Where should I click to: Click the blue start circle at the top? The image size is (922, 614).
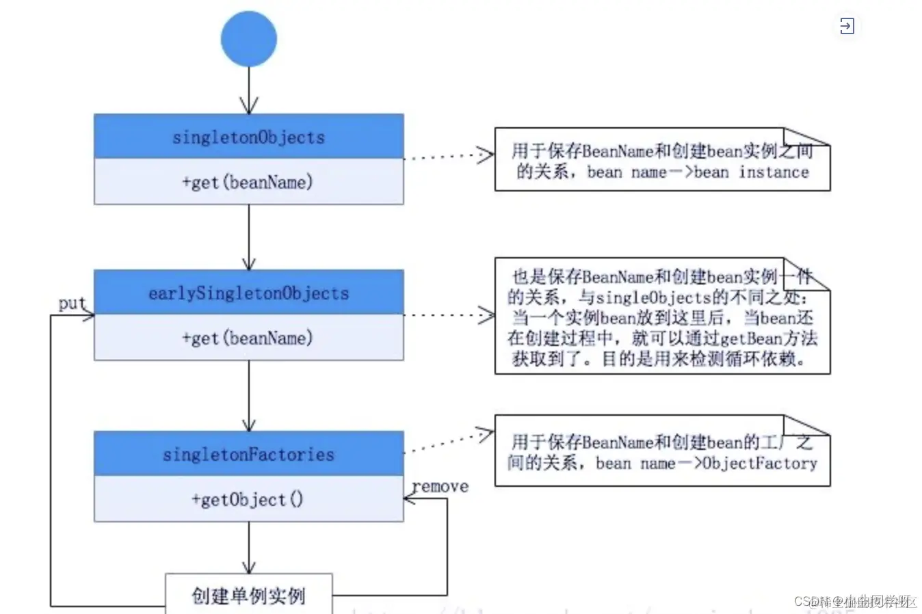248,39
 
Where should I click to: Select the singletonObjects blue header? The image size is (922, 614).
248,137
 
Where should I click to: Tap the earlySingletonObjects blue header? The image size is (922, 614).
248,293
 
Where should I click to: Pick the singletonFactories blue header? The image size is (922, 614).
248,454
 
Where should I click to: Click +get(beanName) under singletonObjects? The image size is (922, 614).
248,182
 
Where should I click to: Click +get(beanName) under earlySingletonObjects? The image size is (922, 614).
248,338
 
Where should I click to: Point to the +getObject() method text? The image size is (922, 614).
248,499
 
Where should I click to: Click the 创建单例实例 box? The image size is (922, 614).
248,595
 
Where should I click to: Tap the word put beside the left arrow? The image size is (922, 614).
72,303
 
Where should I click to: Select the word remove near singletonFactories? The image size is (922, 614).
440,486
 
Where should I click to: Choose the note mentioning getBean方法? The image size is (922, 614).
661,317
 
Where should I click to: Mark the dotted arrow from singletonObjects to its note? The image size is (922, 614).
449,156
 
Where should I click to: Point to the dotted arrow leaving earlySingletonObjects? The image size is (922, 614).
449,315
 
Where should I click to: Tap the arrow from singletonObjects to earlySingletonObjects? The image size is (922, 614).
248,237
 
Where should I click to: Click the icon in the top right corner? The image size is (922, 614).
847,26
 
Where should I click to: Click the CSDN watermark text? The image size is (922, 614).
854,601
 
